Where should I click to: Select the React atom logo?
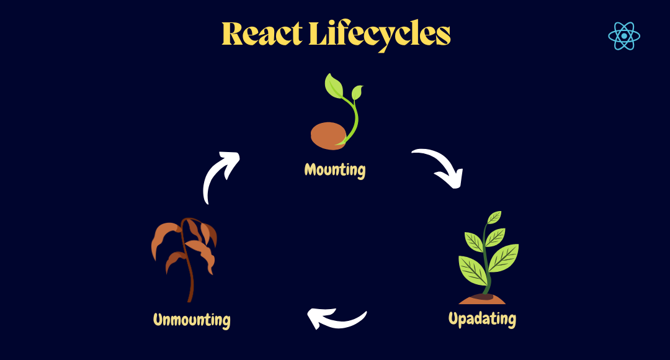623,37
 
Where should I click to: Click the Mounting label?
335,169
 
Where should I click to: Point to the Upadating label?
482,319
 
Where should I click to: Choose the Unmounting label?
192,320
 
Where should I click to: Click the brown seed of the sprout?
328,135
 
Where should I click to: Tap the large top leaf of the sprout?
333,86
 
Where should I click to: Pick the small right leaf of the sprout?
357,92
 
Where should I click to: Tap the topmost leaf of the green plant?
494,217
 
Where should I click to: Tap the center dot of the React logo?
623,37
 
